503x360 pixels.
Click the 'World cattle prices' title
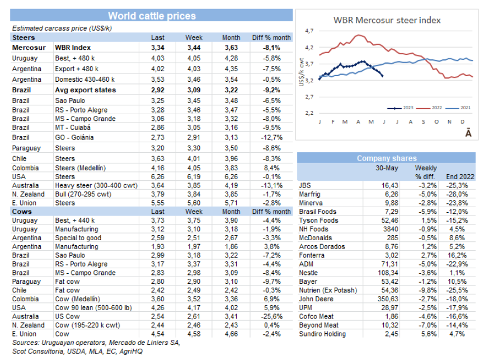[152, 16]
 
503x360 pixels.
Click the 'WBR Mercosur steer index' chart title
[387, 20]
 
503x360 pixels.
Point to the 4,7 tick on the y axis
[309, 31]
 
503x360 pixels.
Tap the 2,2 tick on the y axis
[309, 113]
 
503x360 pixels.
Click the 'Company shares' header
[386, 158]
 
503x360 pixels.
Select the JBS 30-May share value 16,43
[390, 185]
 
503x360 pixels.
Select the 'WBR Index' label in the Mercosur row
[73, 48]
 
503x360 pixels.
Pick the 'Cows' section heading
[22, 212]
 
